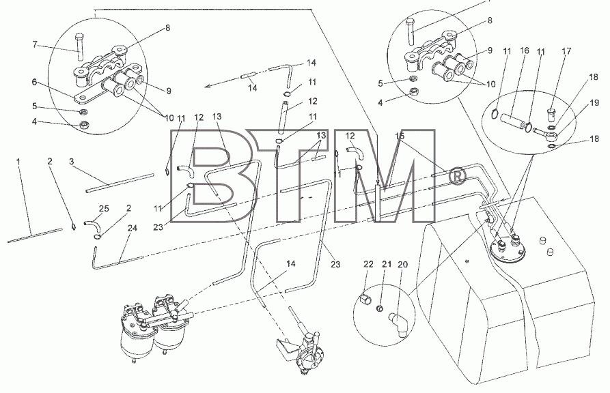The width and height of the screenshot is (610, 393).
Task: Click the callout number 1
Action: click(x=18, y=160)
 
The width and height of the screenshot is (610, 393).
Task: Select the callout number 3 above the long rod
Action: click(x=72, y=161)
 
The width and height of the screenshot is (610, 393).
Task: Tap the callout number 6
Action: click(x=34, y=82)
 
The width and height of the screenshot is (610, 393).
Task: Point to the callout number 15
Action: click(x=400, y=136)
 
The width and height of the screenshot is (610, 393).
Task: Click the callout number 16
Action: click(x=525, y=50)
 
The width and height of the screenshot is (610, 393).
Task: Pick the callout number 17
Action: click(x=566, y=51)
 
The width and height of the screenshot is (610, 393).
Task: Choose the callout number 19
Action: click(x=594, y=102)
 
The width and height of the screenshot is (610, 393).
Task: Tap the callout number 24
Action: click(x=133, y=228)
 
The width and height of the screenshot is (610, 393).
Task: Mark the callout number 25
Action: click(x=104, y=209)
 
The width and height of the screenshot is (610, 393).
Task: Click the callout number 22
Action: click(x=368, y=264)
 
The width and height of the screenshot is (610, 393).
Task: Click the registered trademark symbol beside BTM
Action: click(x=458, y=176)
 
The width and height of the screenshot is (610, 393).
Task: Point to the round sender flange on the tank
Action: click(x=508, y=249)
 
